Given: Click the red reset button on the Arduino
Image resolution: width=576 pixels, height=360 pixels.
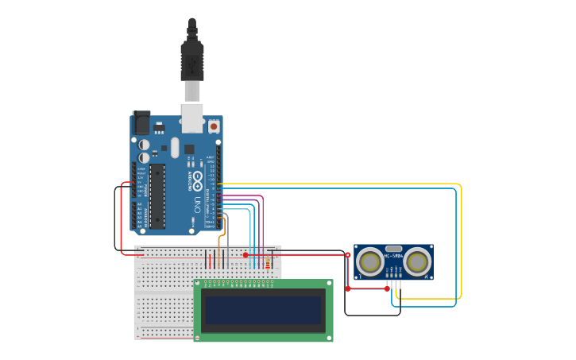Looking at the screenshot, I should coord(213,126).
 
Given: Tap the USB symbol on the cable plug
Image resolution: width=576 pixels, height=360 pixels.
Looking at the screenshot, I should coord(191,63).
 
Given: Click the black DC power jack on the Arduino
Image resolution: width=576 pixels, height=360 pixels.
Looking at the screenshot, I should coord(141,122).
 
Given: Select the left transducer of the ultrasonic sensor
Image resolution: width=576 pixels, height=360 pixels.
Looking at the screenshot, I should coord(370,261).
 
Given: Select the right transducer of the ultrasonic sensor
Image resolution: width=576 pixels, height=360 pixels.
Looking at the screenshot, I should coord(416,261).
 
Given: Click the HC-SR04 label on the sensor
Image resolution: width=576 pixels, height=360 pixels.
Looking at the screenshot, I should coord(393,256).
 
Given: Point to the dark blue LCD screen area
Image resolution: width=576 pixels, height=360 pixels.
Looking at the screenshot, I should coord(263,310).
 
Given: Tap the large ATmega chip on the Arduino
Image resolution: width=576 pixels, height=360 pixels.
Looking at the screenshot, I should coord(157,195).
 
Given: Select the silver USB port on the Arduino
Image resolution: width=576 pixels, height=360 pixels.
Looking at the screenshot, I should coord(192,117).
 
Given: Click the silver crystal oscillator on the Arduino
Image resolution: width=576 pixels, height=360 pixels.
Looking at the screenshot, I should coord(175,147).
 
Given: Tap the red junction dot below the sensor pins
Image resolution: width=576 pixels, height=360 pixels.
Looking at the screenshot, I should coord(387,288).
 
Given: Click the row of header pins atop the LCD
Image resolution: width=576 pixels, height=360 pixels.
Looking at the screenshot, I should coord(238,283).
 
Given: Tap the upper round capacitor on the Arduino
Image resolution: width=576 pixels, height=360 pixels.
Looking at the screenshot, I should coord(144,145).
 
